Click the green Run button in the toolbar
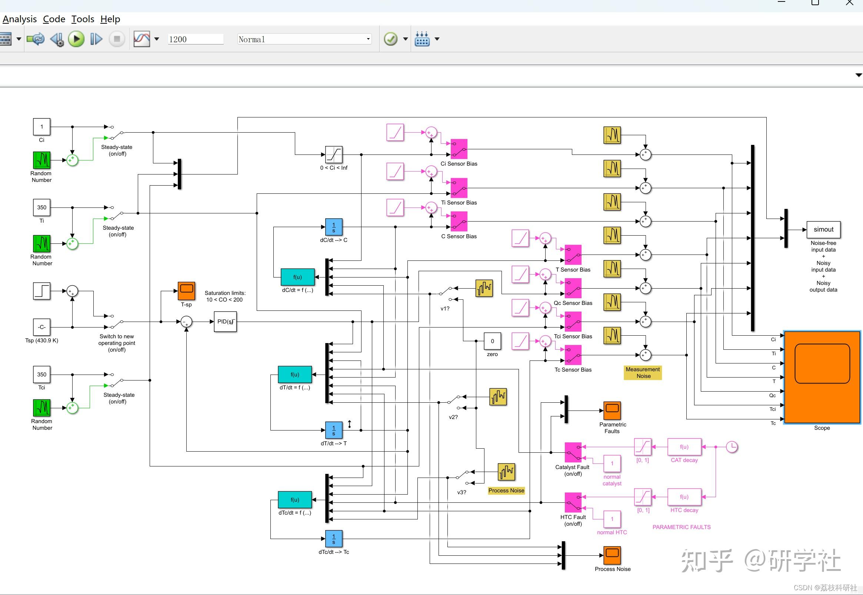pos(76,39)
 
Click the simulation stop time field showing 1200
pos(195,39)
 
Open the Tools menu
pos(82,19)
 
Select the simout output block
pos(823,230)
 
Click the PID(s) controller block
pos(225,322)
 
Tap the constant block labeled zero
pos(492,341)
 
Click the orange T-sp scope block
pos(186,291)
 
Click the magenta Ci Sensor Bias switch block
pos(459,149)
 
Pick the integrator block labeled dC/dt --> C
pos(333,227)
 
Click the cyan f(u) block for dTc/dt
pos(295,499)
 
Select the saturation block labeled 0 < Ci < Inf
pos(333,154)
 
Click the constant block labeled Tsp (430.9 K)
pos(41,328)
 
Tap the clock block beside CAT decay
pos(732,447)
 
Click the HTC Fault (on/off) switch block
pos(573,502)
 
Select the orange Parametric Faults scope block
pos(612,410)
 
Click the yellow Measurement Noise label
pos(642,372)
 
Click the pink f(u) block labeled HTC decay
pos(684,497)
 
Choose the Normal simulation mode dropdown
pos(304,39)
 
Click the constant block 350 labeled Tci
pos(41,374)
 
